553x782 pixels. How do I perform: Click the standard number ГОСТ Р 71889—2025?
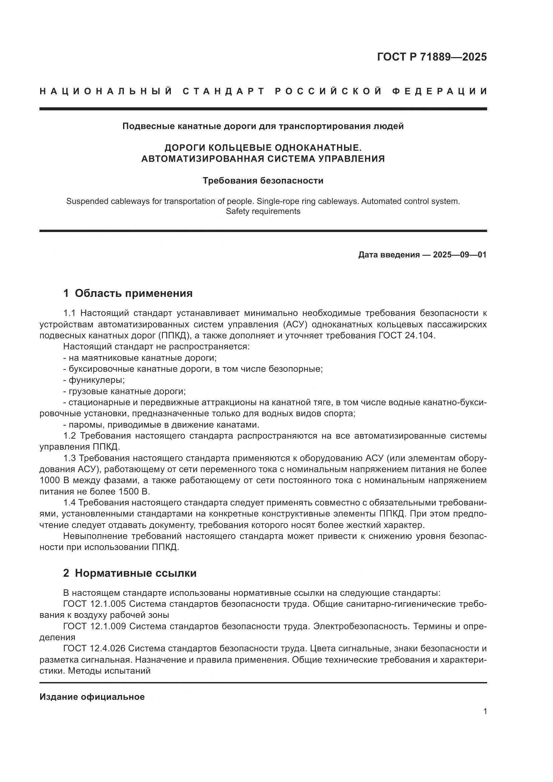pos(432,57)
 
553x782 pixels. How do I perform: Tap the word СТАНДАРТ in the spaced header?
pos(224,91)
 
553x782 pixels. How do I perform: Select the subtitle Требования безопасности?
pos(263,181)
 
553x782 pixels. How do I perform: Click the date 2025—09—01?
pos(459,255)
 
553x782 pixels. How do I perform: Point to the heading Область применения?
pos(133,293)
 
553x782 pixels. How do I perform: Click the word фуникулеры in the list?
pos(96,380)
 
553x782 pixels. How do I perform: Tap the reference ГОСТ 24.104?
pos(407,335)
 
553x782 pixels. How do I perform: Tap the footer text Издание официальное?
pos(92,697)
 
